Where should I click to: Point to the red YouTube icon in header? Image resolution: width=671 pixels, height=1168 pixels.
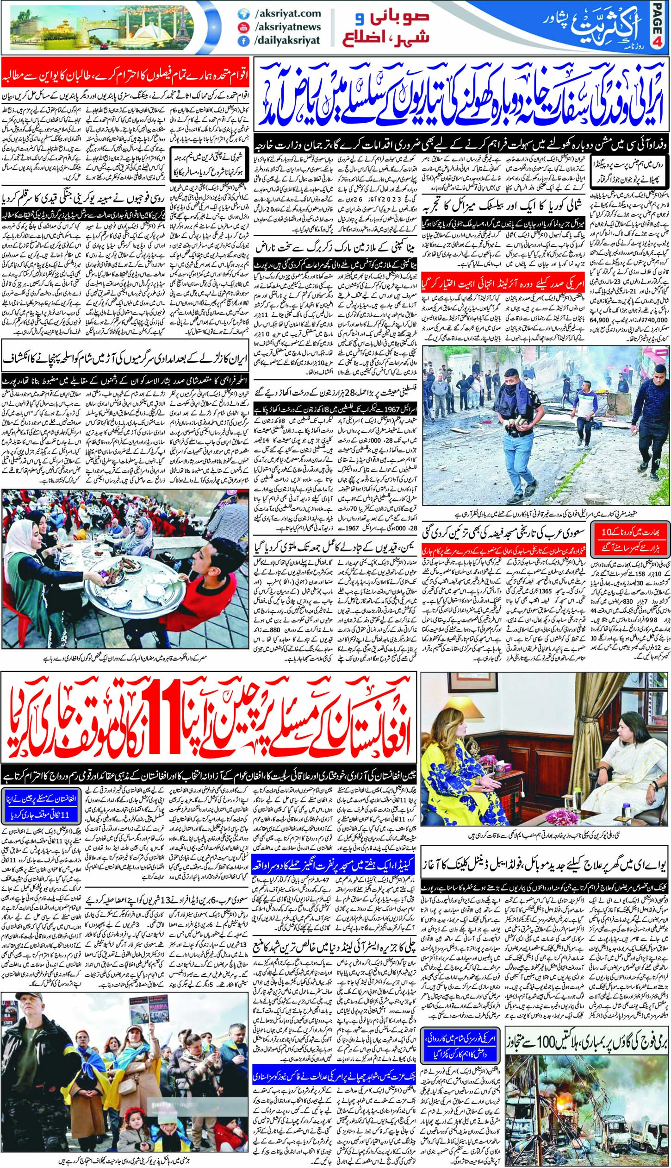241,27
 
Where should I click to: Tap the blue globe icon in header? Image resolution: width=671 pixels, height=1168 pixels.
241,14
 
